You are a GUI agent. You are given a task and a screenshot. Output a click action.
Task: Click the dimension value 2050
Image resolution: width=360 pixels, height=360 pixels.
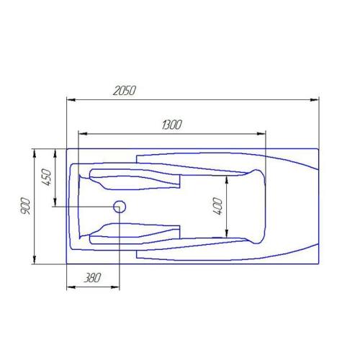125,91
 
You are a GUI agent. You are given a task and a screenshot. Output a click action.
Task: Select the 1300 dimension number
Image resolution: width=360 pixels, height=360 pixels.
171,125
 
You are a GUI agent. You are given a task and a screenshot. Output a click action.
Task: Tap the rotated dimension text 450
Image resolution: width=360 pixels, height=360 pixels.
45,177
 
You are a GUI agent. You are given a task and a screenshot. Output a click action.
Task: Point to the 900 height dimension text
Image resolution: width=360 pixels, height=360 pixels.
27,206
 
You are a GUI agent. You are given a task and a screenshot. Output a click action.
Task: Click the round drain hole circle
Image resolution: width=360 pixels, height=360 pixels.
120,207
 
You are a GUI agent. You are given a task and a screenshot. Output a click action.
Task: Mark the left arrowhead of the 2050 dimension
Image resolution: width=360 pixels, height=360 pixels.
69,99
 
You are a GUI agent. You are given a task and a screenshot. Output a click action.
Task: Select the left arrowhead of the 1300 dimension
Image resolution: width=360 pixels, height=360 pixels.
81,133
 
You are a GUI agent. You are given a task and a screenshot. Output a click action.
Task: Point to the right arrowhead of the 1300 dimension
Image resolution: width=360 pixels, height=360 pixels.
263,133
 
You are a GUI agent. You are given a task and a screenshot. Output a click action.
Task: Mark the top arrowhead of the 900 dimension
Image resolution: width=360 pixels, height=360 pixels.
35,152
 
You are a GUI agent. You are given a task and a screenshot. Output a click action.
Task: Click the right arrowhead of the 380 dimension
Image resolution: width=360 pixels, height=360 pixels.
117,287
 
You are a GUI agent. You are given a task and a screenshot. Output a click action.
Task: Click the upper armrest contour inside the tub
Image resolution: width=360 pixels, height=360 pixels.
133,176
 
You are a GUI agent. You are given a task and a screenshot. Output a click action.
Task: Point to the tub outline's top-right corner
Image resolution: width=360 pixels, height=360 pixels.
319,148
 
